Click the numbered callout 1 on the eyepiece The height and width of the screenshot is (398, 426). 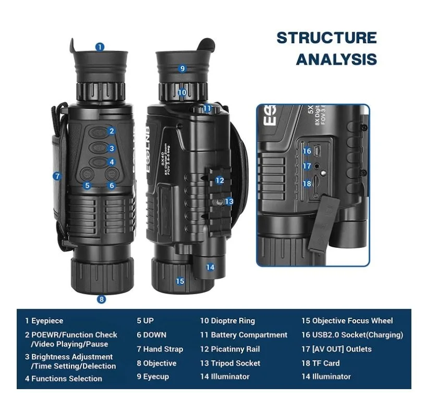click(x=100, y=47)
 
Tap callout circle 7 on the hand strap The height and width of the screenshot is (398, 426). click(x=57, y=176)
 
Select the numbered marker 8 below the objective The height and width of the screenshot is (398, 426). click(x=102, y=299)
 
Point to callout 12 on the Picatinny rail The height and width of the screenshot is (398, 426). click(x=220, y=180)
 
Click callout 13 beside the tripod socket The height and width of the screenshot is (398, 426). click(x=229, y=201)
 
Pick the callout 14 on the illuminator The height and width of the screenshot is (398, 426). click(x=210, y=267)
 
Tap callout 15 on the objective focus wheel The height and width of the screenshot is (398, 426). click(x=180, y=281)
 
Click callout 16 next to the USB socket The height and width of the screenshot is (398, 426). click(x=307, y=151)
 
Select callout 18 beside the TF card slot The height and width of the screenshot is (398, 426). click(x=307, y=183)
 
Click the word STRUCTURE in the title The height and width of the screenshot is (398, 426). click(x=326, y=38)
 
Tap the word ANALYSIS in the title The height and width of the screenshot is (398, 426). click(x=336, y=59)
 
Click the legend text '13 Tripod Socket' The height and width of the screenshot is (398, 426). click(x=230, y=363)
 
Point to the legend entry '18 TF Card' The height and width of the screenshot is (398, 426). click(x=320, y=363)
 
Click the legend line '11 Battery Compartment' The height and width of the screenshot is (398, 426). click(x=244, y=335)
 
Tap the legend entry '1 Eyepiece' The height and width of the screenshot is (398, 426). click(x=44, y=321)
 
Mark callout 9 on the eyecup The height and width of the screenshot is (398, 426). click(x=182, y=68)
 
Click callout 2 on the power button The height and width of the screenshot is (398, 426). click(x=112, y=131)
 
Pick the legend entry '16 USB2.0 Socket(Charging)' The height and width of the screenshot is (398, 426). click(x=352, y=335)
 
